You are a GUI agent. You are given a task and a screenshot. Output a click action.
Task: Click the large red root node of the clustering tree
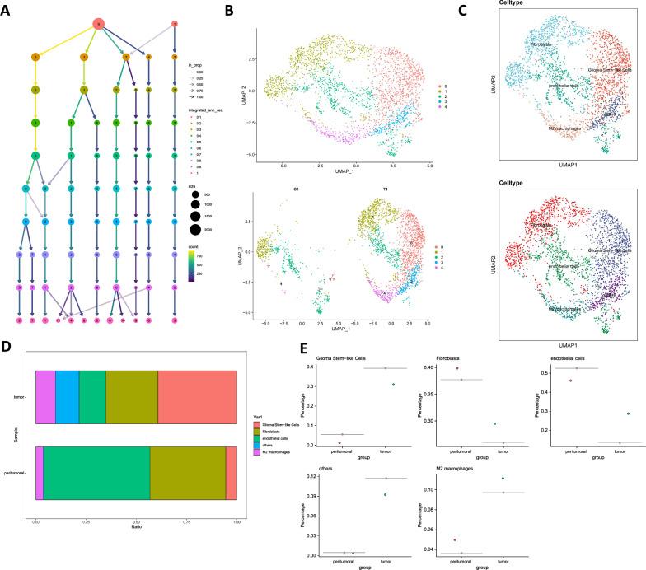coord(99,24)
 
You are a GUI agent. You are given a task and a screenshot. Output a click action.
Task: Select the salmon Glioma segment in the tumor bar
coord(197,397)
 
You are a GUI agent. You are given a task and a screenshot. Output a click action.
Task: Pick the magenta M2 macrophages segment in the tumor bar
coord(45,397)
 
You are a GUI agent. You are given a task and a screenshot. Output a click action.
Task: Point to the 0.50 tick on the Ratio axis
coord(136,522)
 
